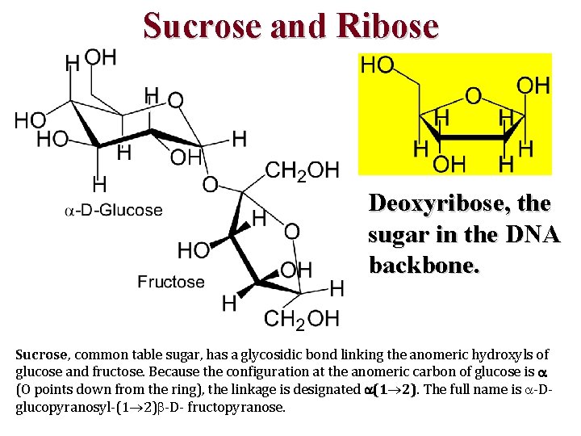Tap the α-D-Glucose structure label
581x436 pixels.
(x=114, y=211)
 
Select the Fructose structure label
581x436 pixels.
(x=170, y=282)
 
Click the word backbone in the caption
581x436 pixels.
(x=424, y=265)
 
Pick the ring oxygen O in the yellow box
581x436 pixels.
(x=474, y=96)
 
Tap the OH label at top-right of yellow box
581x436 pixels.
(x=533, y=85)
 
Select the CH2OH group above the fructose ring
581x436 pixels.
(x=302, y=170)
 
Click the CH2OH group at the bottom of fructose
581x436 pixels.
(x=302, y=318)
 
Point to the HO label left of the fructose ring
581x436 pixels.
(x=194, y=250)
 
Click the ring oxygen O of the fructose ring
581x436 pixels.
(x=291, y=232)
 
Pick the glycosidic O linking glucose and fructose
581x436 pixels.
(x=210, y=185)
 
